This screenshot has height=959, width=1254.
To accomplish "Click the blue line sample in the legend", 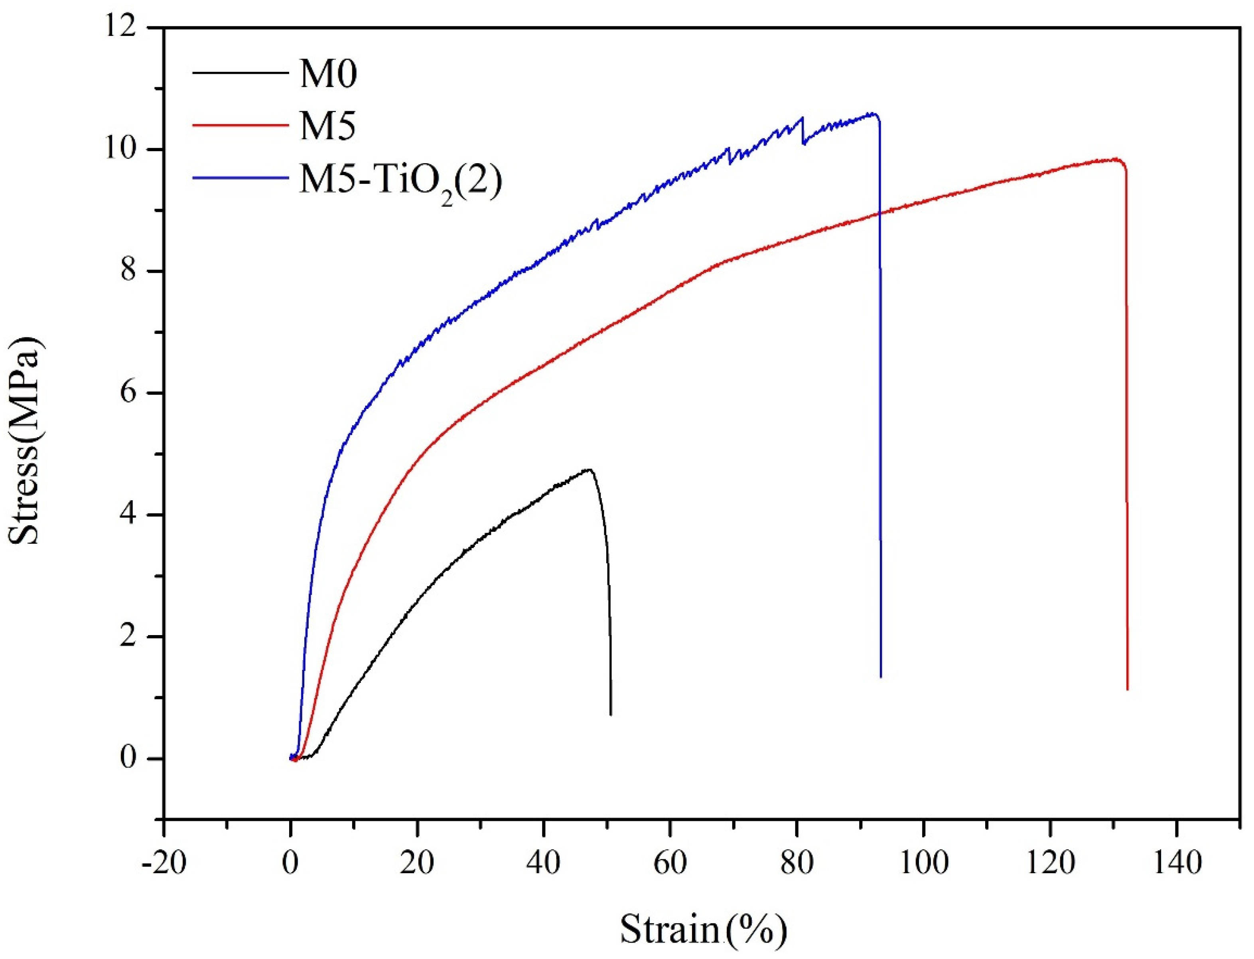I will click(239, 178).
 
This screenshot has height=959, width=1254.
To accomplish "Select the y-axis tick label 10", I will click(128, 150).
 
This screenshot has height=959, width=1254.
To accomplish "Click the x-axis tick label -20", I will click(164, 864).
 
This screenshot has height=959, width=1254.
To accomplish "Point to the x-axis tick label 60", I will click(670, 864).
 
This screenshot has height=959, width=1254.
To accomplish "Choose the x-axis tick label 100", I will click(923, 864).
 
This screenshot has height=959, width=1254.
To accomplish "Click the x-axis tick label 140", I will click(1176, 864).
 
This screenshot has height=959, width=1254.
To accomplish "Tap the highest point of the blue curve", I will click(871, 113).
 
